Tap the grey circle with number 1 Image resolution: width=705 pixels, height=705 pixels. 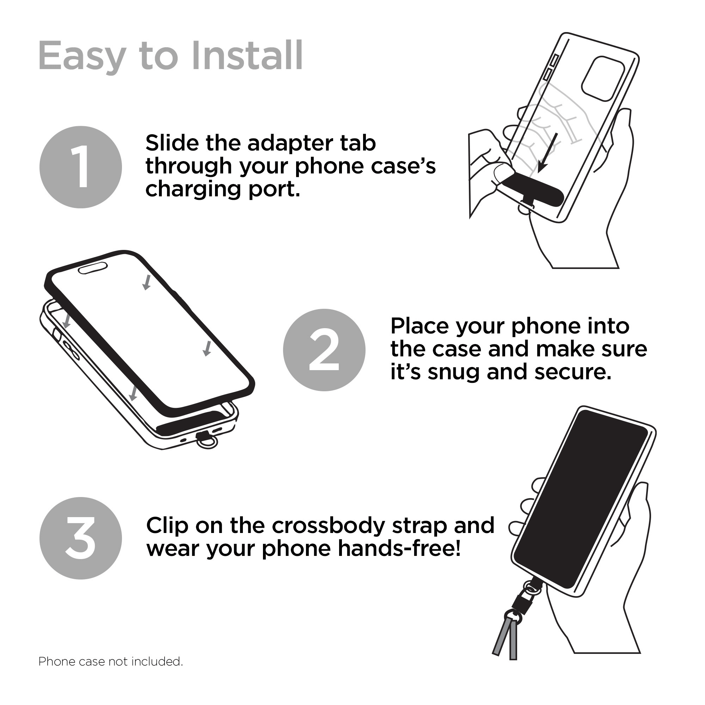click(x=81, y=167)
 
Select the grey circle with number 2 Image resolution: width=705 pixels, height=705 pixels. click(x=324, y=350)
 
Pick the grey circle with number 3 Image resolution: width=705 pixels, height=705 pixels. click(x=81, y=539)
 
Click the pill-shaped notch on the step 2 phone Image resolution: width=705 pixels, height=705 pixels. click(x=93, y=268)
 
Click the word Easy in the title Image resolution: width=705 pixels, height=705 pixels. click(x=82, y=56)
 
